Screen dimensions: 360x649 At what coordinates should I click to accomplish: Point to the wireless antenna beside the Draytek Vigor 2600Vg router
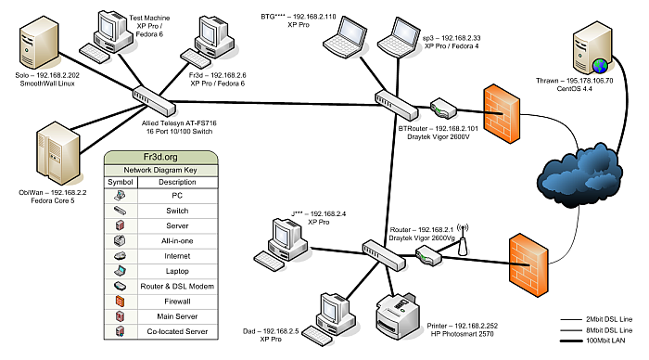(x=463, y=239)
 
